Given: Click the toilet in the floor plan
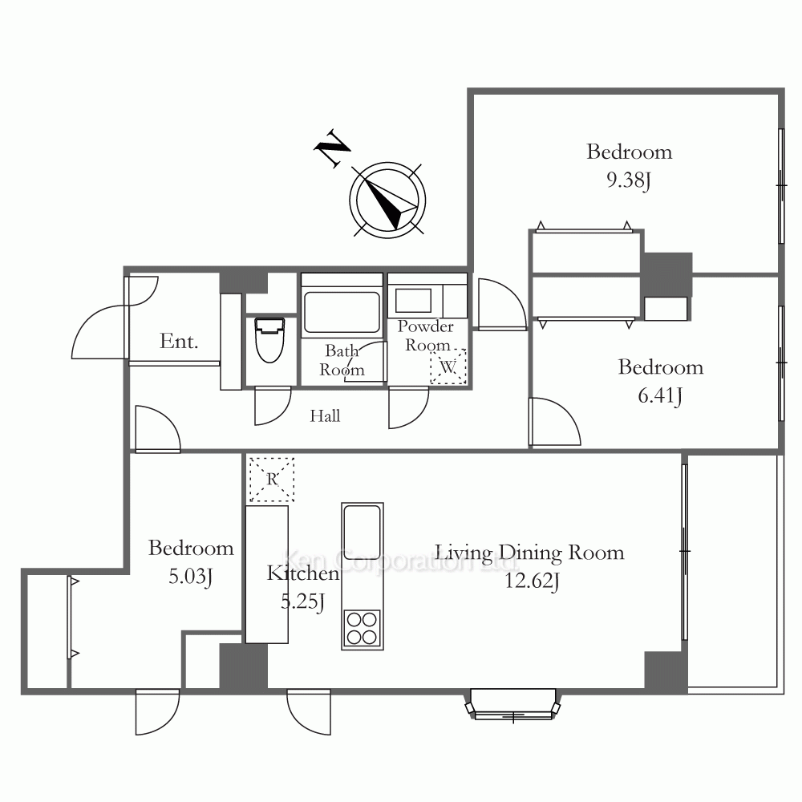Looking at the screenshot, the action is point(269,340).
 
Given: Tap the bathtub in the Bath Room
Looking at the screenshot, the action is point(342,312).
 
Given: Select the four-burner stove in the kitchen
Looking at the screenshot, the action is point(363,629).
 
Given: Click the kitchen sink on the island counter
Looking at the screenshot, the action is point(363,530).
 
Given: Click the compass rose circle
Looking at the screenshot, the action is point(387,200).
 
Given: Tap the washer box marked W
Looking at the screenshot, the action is point(448,367).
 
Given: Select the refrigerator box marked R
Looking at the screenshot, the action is point(272,480).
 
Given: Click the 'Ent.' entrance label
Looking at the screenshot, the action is point(179,341).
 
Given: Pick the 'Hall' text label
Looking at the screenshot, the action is point(325,415).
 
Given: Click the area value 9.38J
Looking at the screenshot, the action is point(629,180).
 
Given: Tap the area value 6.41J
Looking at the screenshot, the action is point(660,395).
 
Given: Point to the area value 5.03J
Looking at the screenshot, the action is point(190,577).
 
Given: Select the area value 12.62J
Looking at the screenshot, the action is point(532,581).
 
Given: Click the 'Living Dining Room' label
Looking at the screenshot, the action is point(529,553).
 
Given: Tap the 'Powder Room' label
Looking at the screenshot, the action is point(426,335).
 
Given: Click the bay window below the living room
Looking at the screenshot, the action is point(513,705).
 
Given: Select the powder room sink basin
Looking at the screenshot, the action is point(413,300).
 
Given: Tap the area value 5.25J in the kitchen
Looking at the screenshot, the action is point(303,601).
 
